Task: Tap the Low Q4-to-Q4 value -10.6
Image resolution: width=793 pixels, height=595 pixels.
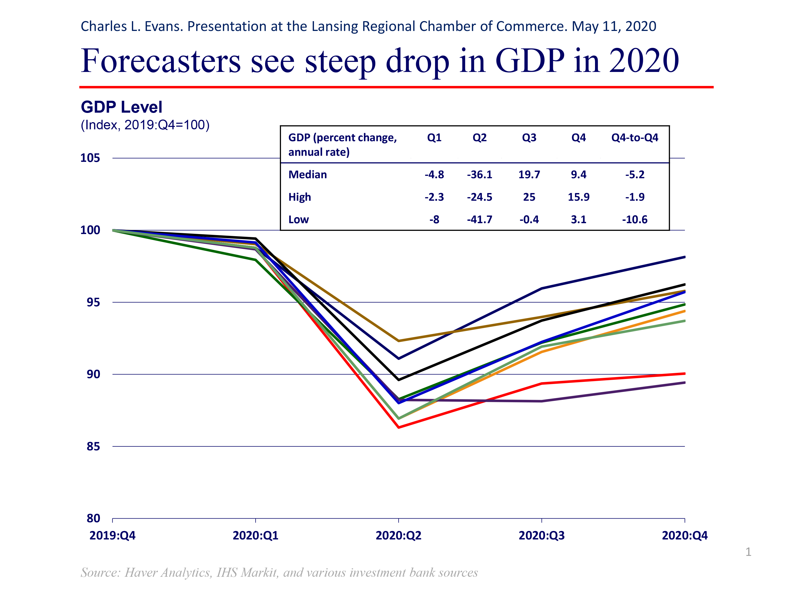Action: click(x=635, y=219)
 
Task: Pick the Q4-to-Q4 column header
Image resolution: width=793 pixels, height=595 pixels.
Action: click(x=635, y=138)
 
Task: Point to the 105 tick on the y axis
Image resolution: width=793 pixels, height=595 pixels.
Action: click(x=90, y=158)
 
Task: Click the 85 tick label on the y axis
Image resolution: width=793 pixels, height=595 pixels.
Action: click(x=93, y=447)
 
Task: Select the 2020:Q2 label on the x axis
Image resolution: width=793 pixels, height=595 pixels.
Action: click(x=398, y=535)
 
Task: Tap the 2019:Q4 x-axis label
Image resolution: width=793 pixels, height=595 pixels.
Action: click(x=112, y=535)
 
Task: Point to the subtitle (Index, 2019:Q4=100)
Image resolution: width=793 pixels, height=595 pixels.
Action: click(x=145, y=125)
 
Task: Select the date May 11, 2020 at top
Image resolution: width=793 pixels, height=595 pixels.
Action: click(x=614, y=26)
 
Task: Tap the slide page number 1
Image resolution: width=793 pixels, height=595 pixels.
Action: click(x=748, y=552)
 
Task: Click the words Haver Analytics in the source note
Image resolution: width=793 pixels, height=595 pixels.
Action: click(x=167, y=573)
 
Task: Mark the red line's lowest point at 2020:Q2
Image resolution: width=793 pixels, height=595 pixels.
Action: click(x=399, y=427)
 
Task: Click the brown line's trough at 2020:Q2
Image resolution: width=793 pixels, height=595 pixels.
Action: click(x=399, y=341)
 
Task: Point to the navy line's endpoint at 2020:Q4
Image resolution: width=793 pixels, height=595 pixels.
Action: click(x=684, y=257)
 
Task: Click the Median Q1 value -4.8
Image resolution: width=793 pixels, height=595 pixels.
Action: click(x=434, y=175)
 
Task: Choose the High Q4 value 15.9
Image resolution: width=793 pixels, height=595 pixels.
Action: click(x=578, y=197)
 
